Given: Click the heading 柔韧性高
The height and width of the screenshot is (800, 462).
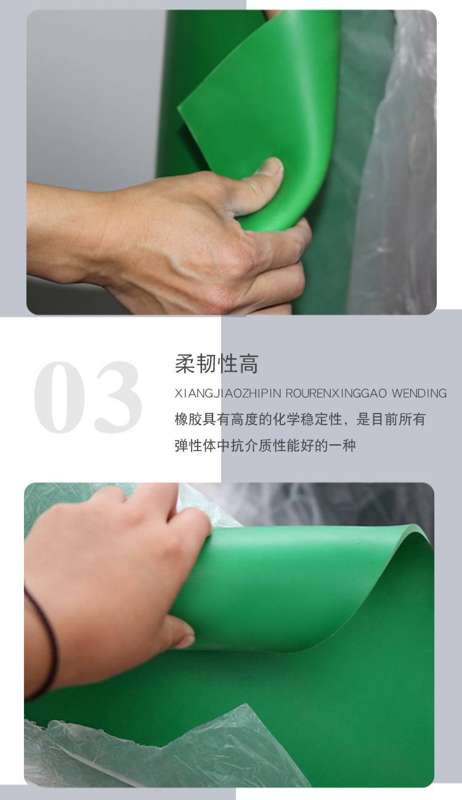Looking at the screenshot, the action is pyautogui.click(x=216, y=364).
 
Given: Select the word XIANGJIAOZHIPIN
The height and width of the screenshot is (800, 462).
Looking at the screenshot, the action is pyautogui.click(x=228, y=394).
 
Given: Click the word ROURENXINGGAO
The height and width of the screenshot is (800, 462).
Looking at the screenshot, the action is pyautogui.click(x=336, y=394).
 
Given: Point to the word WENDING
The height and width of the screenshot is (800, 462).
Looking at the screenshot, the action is pyautogui.click(x=419, y=394).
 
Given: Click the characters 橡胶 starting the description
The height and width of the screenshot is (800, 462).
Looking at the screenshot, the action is pyautogui.click(x=188, y=419).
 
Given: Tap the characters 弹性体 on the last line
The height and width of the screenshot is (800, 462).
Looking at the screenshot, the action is pyautogui.click(x=196, y=446).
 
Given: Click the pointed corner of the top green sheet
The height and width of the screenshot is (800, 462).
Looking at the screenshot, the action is pyautogui.click(x=179, y=107).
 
